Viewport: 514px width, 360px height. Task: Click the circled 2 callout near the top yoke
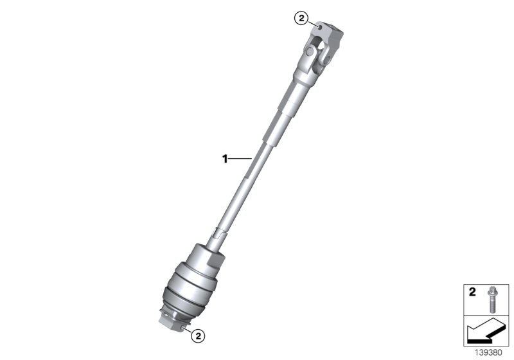click(x=301, y=18)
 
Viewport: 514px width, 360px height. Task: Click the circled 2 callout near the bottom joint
click(x=199, y=334)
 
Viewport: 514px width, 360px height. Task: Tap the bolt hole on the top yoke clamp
click(x=319, y=27)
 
